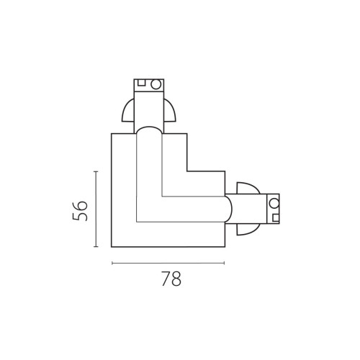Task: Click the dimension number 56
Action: point(80,211)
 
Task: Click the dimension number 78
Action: point(171,279)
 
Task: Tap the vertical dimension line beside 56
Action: point(96,209)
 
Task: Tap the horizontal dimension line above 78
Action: point(168,264)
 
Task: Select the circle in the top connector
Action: point(156,84)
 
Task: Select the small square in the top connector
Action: point(141,83)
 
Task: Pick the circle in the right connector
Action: point(274,204)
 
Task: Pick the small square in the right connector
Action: point(276,217)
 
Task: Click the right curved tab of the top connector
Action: point(170,111)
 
